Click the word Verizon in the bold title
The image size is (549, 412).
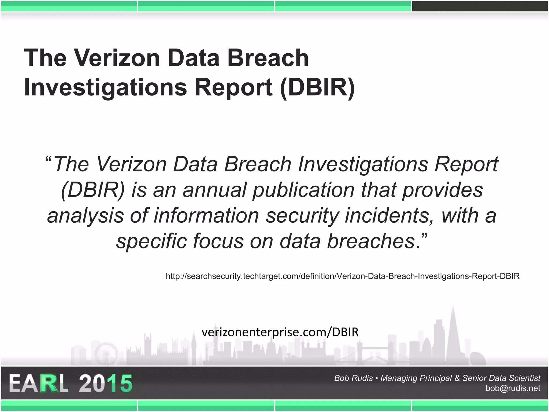[117, 58]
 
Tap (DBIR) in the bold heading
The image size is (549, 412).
[317, 87]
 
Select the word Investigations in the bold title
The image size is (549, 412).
[105, 87]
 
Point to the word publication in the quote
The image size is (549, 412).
[304, 190]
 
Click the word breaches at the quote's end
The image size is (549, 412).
[371, 241]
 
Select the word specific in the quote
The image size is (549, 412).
[151, 241]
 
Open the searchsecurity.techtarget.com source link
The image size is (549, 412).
[343, 276]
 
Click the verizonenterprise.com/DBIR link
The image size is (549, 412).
[280, 332]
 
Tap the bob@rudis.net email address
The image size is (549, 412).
[513, 388]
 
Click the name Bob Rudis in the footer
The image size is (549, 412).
[353, 378]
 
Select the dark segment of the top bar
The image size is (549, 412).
[480, 6]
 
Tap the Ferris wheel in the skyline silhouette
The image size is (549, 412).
[106, 354]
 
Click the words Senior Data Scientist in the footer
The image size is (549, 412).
[501, 378]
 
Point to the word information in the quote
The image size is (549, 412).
[206, 215]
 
